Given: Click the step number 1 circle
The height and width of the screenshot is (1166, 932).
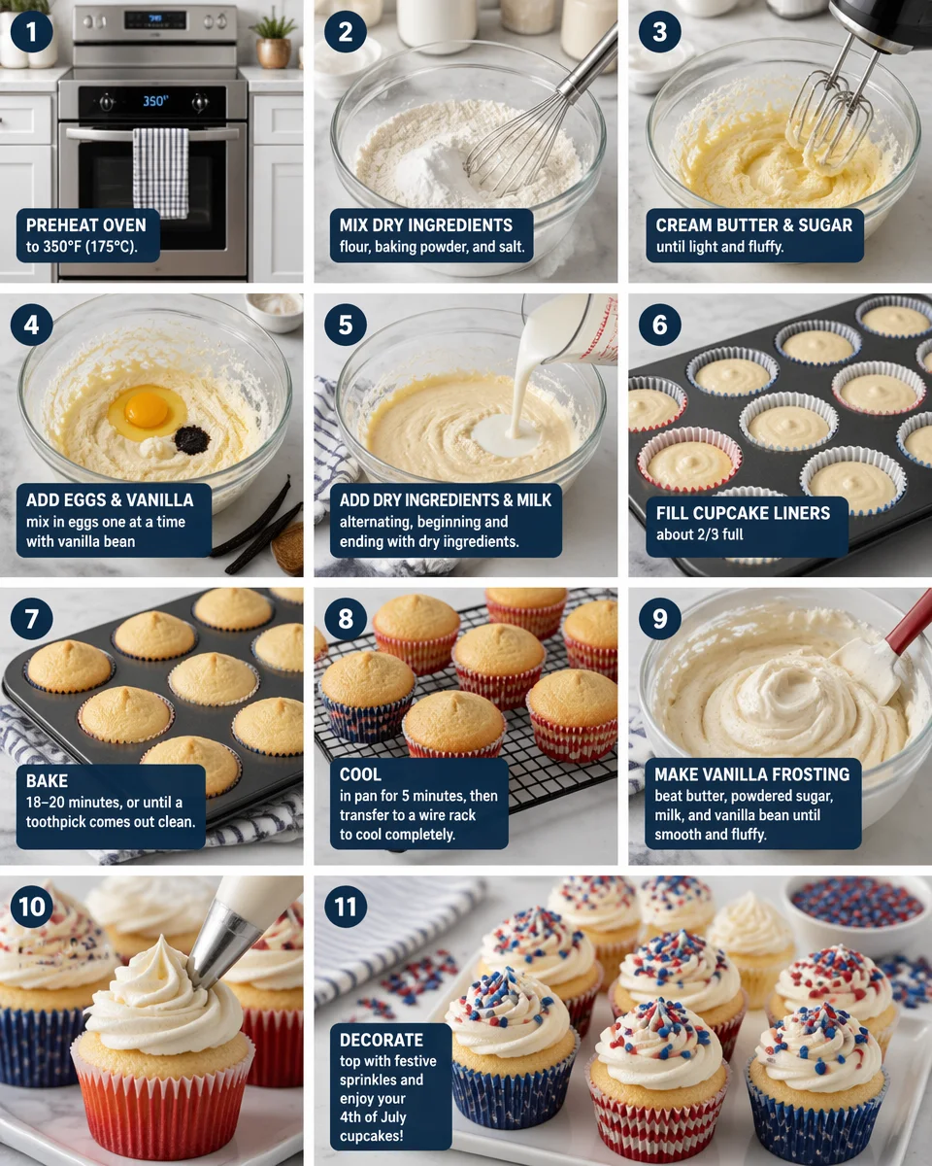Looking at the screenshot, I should pos(32,32).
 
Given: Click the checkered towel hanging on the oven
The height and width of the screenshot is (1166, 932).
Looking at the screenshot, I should pos(160,171).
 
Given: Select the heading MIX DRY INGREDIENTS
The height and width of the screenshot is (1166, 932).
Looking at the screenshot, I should pos(426,225).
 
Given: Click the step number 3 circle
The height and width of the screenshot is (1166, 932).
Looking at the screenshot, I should pos(660,32).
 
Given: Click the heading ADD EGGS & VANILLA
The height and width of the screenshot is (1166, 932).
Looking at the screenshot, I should pos(110,500).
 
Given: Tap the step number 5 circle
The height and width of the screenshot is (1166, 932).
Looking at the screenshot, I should pos(346,326).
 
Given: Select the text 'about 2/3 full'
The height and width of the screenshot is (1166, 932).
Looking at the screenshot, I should pos(699,533).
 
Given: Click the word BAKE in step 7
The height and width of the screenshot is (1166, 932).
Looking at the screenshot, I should pos(46,781).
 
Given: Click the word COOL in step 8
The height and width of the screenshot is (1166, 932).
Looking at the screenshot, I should pos(360,774).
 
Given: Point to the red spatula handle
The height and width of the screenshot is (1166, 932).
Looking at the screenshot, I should pos(910,622).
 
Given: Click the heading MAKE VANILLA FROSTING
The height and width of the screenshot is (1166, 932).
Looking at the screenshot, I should pos(751,774).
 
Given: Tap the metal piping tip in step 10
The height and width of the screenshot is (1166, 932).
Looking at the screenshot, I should pos(219,947).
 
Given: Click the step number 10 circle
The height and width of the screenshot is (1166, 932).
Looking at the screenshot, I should pos(32,907).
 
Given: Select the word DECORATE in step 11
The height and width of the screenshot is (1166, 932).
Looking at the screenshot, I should pos(382,1040).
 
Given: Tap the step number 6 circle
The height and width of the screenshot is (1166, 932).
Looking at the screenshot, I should pos(660,326).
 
